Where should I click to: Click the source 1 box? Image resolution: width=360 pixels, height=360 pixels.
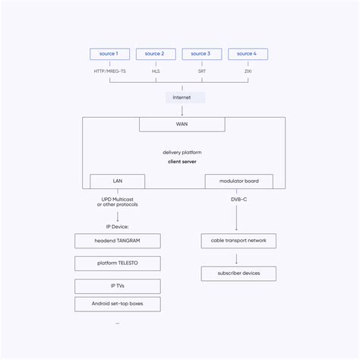(x=109, y=54)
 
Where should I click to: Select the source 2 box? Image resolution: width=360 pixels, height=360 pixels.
(x=156, y=54)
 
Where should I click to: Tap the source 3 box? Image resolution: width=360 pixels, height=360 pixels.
(x=202, y=54)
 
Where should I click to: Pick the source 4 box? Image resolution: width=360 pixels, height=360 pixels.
(x=248, y=54)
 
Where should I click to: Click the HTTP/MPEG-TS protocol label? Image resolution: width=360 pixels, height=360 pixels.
(x=109, y=71)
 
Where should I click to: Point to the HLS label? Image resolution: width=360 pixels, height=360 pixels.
(x=156, y=71)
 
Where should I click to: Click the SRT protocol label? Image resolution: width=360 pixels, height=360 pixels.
(x=202, y=71)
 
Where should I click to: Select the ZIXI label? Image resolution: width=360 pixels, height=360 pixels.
(x=248, y=71)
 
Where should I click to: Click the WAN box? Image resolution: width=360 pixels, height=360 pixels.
(x=182, y=124)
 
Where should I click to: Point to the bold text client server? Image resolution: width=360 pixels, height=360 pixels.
(x=182, y=162)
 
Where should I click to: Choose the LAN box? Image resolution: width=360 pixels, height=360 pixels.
(x=117, y=182)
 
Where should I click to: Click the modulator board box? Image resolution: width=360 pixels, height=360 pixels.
(x=238, y=182)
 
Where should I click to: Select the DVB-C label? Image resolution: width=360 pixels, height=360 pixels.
(x=238, y=199)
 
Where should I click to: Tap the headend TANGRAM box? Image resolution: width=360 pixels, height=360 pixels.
(x=117, y=241)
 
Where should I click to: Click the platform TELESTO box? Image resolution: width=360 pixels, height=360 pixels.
(x=117, y=264)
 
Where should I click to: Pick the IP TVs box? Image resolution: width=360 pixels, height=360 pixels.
(x=117, y=286)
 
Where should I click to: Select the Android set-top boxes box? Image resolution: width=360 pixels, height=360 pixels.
(x=117, y=304)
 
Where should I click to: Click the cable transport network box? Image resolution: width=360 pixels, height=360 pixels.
(x=238, y=241)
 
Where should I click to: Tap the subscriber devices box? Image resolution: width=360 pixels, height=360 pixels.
(x=238, y=273)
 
